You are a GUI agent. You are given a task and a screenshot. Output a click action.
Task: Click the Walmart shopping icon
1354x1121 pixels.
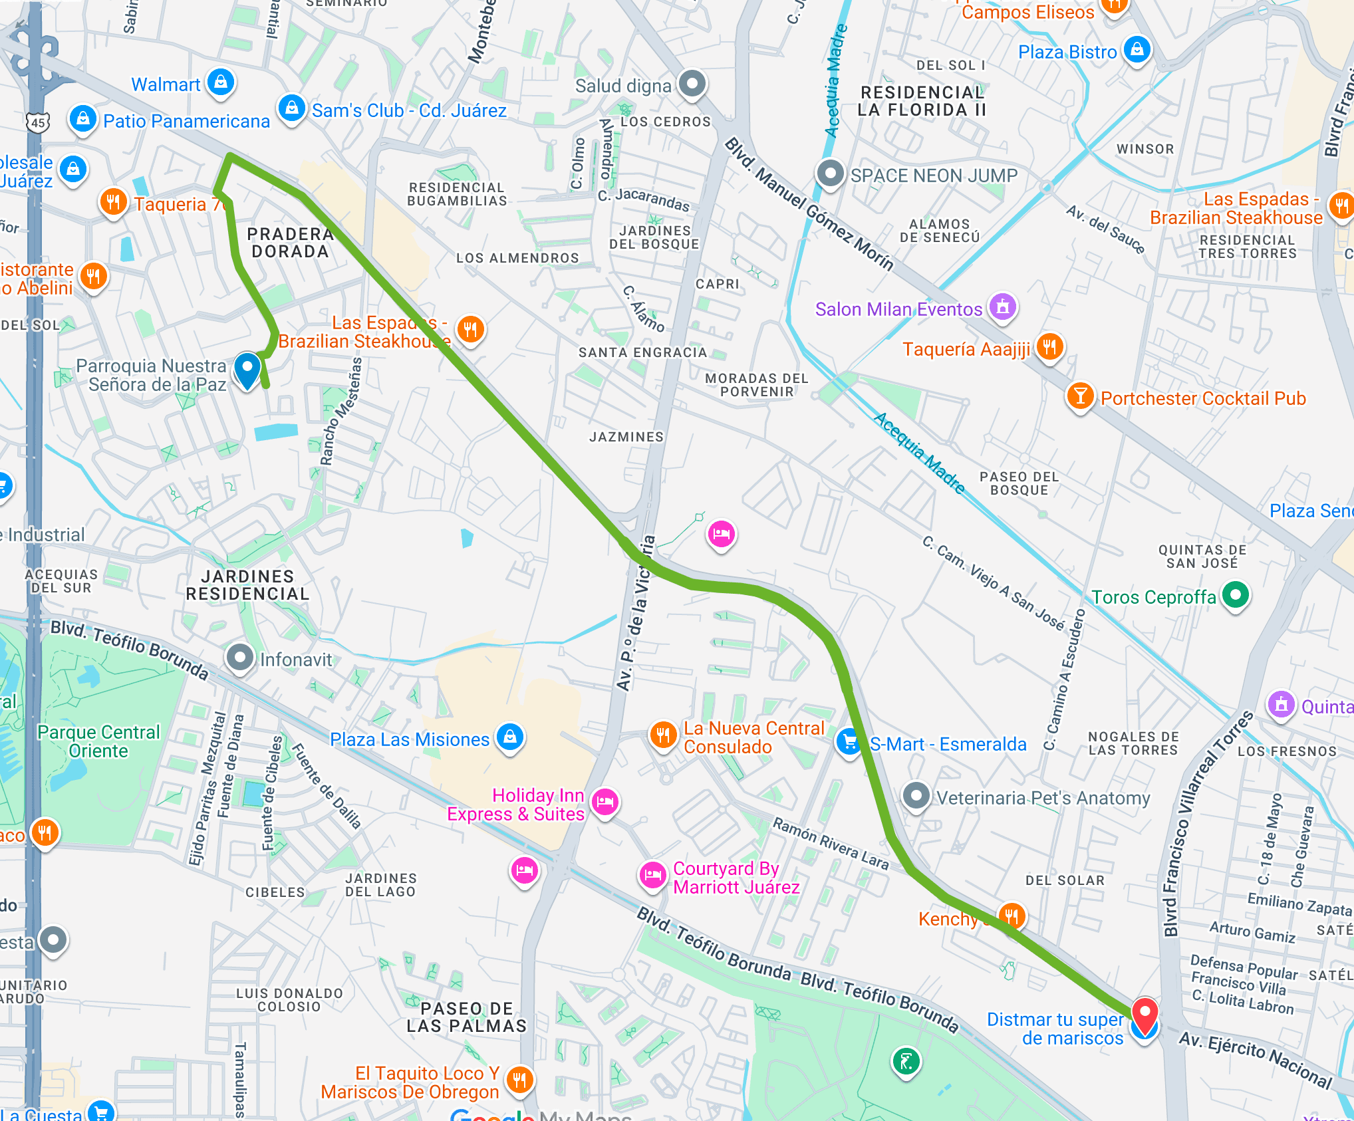pyautogui.click(x=221, y=82)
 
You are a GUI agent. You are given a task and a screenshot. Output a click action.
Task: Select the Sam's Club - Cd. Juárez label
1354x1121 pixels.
pyautogui.click(x=409, y=110)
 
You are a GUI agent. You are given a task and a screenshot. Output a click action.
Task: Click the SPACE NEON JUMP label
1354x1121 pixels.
pyautogui.click(x=934, y=176)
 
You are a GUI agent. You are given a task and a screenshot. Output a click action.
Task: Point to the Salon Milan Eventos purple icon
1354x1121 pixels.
pyautogui.click(x=1003, y=307)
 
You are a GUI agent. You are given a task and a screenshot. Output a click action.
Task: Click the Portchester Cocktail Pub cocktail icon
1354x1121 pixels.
pyautogui.click(x=1081, y=396)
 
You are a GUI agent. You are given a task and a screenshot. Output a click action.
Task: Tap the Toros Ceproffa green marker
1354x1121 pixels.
pyautogui.click(x=1236, y=594)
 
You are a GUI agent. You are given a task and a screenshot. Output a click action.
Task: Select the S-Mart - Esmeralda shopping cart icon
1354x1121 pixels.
pyautogui.click(x=849, y=741)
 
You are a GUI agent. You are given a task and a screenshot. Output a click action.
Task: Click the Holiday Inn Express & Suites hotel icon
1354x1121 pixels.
pyautogui.click(x=605, y=802)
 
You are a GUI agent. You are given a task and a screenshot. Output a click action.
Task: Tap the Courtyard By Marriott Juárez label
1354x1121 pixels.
pyautogui.click(x=736, y=878)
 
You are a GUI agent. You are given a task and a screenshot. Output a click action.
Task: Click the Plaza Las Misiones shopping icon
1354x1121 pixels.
pyautogui.click(x=510, y=737)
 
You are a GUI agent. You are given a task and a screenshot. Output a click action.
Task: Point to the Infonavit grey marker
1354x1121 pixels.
pyautogui.click(x=239, y=658)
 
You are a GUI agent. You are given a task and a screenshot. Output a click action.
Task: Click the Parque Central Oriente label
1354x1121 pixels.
pyautogui.click(x=98, y=741)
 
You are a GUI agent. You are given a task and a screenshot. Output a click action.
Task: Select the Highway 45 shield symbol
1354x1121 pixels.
pyautogui.click(x=38, y=122)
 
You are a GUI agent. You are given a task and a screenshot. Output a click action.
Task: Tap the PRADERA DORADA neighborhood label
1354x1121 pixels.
pyautogui.click(x=289, y=243)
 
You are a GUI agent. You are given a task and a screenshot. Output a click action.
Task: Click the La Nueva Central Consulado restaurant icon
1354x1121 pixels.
pyautogui.click(x=662, y=735)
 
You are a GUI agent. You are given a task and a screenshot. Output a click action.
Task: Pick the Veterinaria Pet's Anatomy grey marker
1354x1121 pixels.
pyautogui.click(x=916, y=795)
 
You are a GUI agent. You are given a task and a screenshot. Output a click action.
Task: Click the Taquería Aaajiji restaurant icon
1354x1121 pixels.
pyautogui.click(x=1049, y=346)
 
